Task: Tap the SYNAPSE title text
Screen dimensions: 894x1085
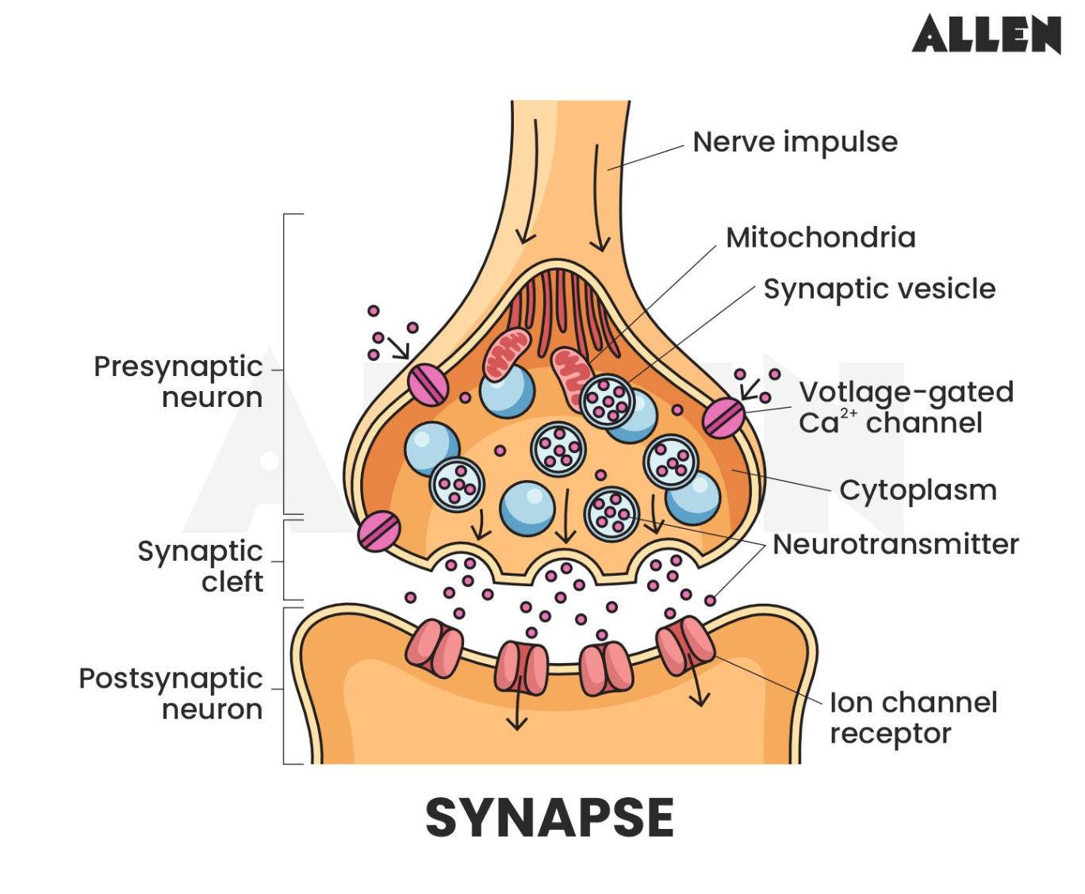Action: point(550,818)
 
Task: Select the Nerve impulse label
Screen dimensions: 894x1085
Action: point(795,143)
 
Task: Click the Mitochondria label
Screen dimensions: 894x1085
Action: point(820,238)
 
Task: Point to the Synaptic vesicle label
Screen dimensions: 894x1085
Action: point(879,290)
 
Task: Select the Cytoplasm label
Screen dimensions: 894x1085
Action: point(918,490)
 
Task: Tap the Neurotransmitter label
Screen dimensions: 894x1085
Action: point(895,545)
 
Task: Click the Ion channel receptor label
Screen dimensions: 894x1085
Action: point(912,718)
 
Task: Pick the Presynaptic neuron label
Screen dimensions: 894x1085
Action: point(178,382)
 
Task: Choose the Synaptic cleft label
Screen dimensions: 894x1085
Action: point(200,566)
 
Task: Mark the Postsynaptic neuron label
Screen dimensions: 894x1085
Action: point(171,694)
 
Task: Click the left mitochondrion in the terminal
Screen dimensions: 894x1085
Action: point(507,354)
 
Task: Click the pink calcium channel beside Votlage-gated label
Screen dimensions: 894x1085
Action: point(724,417)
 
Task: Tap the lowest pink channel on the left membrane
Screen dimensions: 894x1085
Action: point(378,531)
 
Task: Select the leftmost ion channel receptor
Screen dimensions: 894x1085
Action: point(434,649)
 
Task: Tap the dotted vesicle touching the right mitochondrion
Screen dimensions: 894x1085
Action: point(608,401)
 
